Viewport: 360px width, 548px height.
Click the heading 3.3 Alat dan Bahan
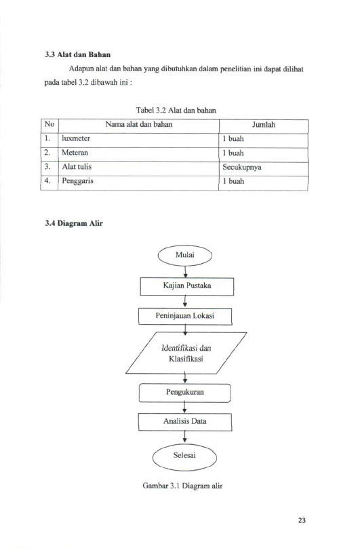[x=77, y=54]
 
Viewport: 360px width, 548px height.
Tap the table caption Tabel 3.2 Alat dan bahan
[x=176, y=111]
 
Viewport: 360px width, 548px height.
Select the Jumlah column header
[x=264, y=125]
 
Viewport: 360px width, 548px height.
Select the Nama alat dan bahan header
[x=139, y=124]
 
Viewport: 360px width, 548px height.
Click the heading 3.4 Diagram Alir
[x=74, y=223]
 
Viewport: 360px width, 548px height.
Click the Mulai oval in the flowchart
[x=185, y=256]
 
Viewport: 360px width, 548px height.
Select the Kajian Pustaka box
[x=187, y=286]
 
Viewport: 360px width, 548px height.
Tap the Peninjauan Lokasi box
[x=185, y=316]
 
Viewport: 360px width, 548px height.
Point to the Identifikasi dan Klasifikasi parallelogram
[x=186, y=353]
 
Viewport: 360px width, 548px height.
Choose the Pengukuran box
[x=185, y=393]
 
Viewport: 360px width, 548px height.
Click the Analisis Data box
[x=185, y=422]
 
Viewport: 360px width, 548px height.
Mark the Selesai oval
[x=184, y=457]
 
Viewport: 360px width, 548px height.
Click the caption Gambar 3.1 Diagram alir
[x=182, y=486]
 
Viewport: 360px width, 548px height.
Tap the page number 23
[x=302, y=520]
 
